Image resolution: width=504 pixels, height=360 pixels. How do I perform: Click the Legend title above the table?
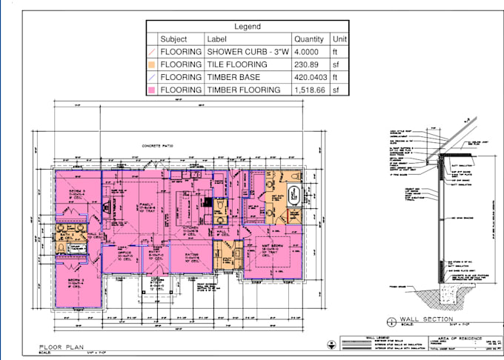(x=248, y=26)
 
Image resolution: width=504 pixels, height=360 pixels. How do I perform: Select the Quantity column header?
(x=308, y=39)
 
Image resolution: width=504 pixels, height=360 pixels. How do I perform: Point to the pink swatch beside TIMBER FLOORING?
(x=152, y=90)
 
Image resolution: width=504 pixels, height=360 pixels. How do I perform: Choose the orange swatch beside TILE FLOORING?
(x=152, y=64)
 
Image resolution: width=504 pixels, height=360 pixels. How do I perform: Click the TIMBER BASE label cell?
(x=232, y=77)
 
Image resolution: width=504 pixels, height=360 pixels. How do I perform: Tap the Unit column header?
(x=340, y=39)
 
